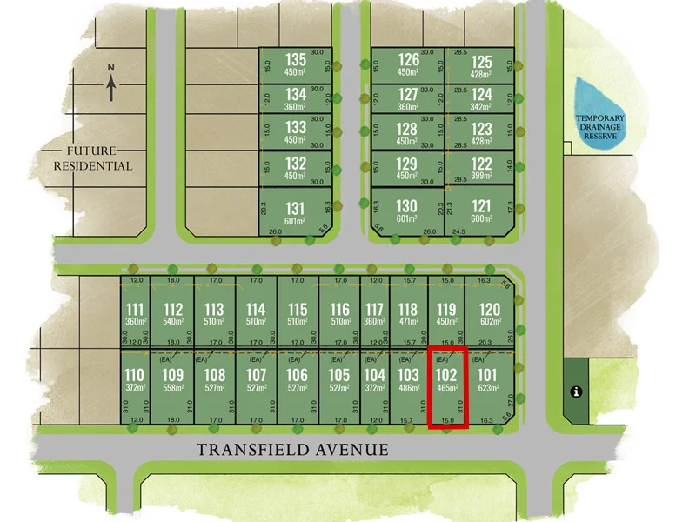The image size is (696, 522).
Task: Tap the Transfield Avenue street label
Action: [x=291, y=449]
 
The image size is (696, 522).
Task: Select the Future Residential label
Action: [x=93, y=157]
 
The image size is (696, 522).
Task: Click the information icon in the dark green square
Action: [x=575, y=391]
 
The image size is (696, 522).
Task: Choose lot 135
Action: [x=296, y=65]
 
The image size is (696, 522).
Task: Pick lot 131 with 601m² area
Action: [x=296, y=212]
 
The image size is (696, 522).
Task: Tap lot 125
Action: [x=482, y=65]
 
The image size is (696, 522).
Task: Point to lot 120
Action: [x=491, y=315]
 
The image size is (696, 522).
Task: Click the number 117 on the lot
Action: [x=374, y=310]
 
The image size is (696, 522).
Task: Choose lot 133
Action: [x=296, y=134]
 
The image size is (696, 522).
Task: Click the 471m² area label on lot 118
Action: [x=408, y=322]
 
